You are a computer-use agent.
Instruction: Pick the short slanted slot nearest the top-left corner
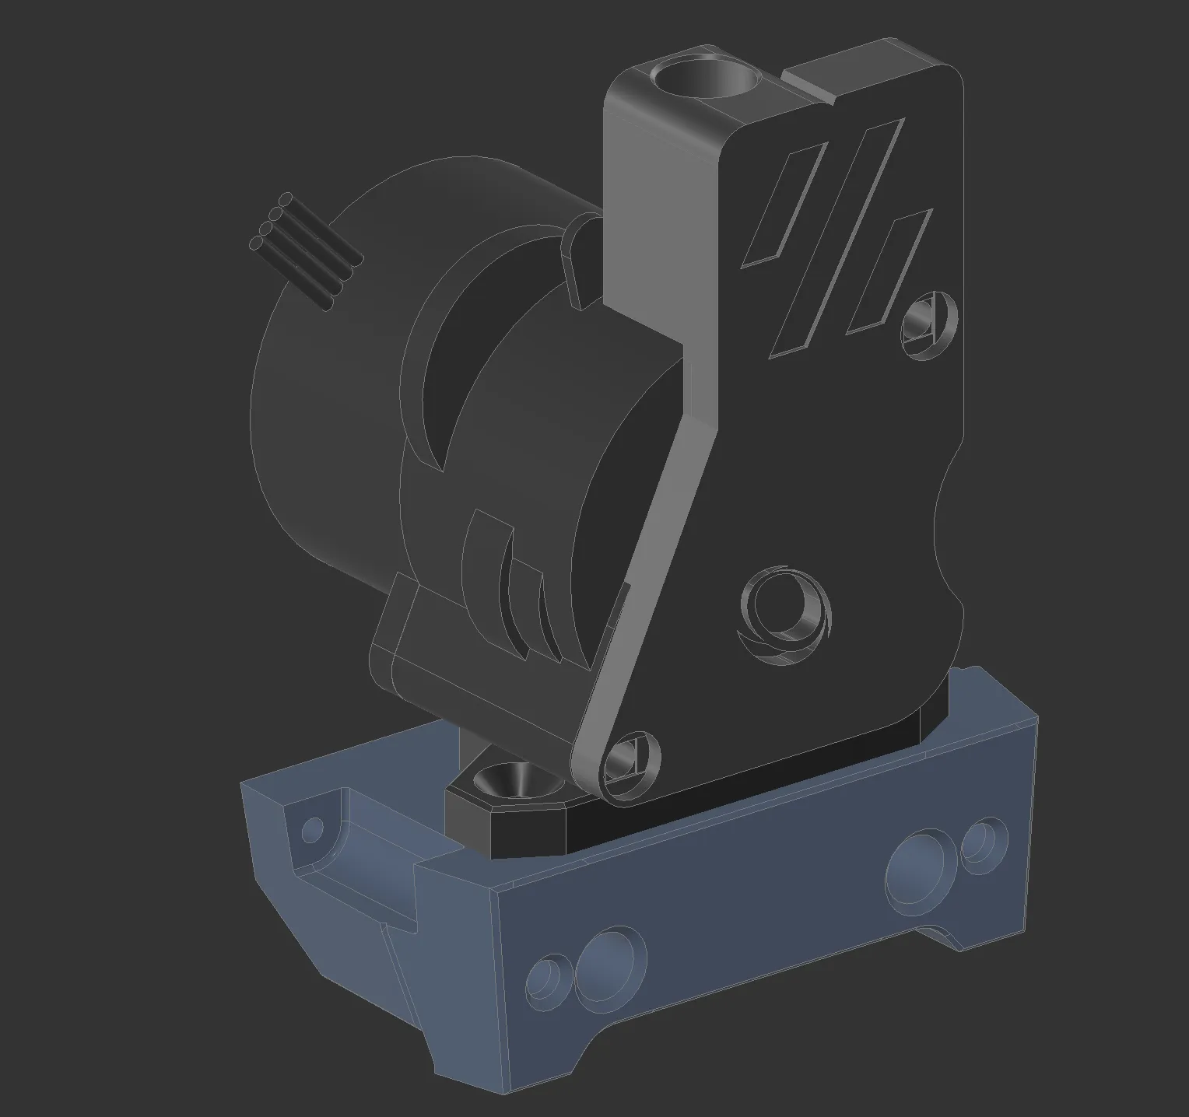[782, 205]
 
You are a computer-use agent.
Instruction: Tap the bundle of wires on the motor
[306, 250]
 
